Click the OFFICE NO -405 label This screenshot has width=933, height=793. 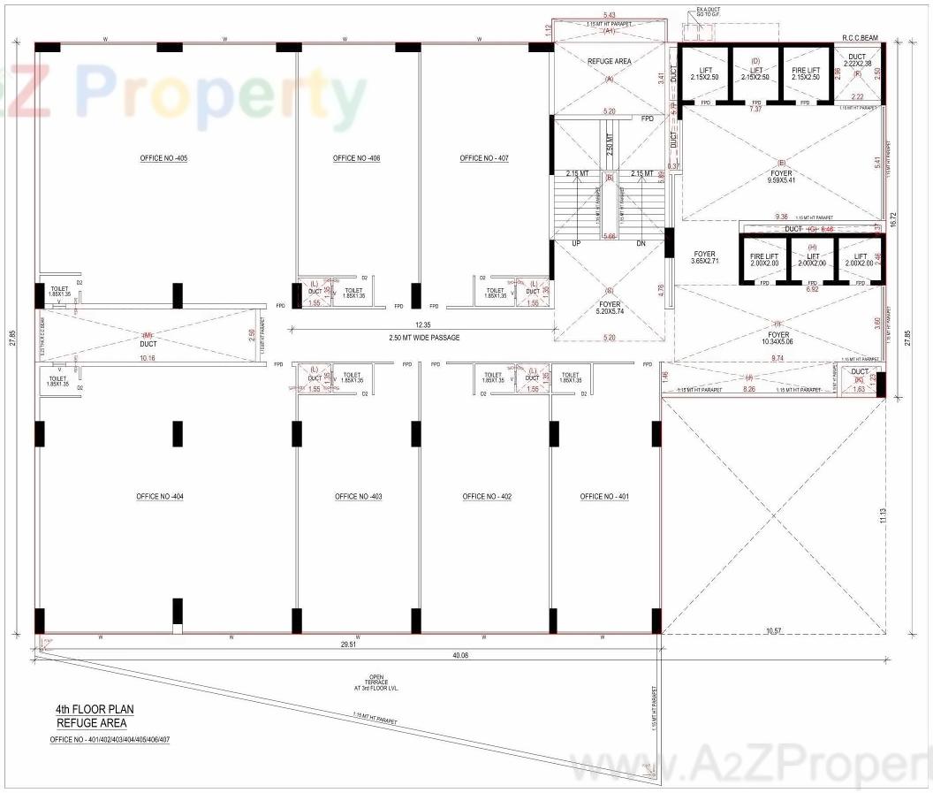pos(163,158)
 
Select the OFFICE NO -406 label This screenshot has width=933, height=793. pos(356,158)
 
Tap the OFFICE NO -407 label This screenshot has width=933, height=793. pos(483,158)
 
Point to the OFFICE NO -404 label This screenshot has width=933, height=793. pos(160,497)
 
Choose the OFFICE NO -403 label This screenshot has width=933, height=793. pos(358,497)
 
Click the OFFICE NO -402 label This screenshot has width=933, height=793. pos(487,497)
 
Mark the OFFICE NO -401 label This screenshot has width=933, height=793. pos(604,497)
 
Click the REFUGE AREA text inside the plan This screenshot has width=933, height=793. pos(608,62)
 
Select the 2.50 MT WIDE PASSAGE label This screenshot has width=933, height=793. pos(424,338)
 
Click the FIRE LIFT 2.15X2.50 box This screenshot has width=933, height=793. pos(805,72)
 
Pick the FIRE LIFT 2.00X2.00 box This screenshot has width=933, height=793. pos(764,260)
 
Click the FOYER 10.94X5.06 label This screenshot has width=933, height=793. pos(778,339)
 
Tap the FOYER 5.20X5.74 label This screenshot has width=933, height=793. pos(609,307)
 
